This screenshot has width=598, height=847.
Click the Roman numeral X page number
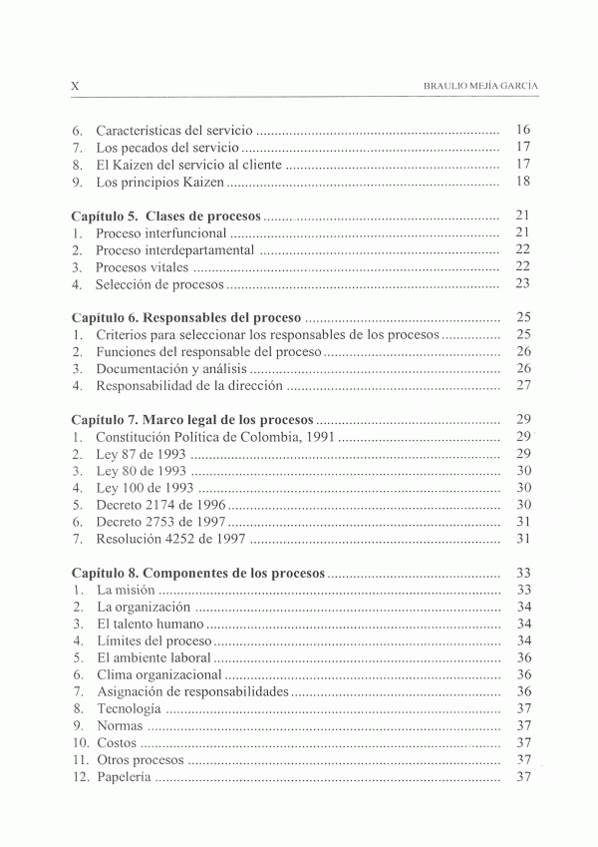point(76,87)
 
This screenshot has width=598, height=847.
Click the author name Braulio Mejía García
point(481,87)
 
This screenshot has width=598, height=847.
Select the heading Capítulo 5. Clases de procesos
point(166,215)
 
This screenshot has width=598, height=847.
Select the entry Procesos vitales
point(142,267)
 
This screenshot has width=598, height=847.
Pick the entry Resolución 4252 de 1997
point(169,539)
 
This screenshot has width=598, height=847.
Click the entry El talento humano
point(149,624)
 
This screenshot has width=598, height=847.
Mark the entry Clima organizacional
point(158,674)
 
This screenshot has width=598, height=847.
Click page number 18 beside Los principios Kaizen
point(523,183)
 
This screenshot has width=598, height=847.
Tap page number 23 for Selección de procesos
point(523,284)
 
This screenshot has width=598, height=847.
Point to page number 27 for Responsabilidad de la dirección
point(523,386)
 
